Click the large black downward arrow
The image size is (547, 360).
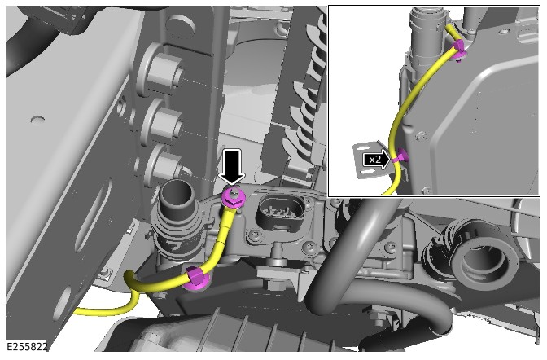230,167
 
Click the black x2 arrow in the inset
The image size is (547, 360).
376,160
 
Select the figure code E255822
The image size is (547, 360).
27,346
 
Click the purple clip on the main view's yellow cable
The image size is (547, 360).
197,279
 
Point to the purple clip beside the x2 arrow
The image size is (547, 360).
400,156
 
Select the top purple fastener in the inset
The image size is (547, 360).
460,50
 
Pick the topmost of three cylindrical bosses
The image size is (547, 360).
164,73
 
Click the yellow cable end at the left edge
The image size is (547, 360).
78,310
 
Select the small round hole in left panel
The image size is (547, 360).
37,120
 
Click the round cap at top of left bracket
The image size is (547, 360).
180,27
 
